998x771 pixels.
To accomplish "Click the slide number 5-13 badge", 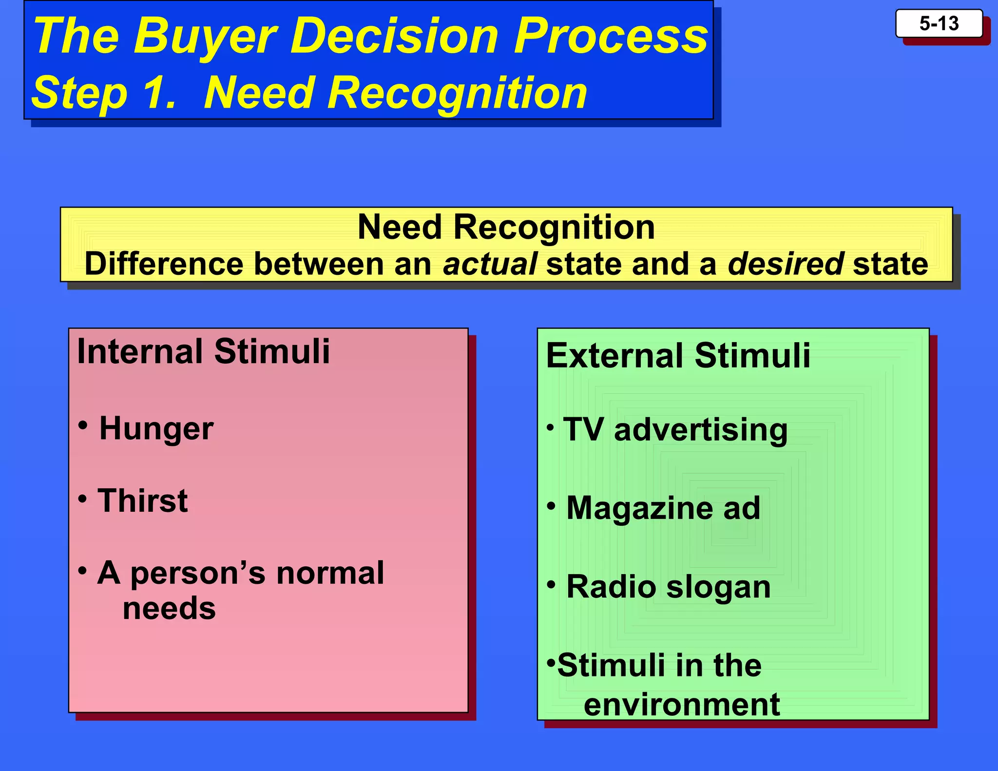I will [939, 23].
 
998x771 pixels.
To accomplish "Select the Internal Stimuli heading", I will [203, 351].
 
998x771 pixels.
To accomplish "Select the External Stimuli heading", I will [678, 355].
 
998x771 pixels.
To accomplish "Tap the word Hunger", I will [156, 428].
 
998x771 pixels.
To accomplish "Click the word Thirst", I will [142, 501].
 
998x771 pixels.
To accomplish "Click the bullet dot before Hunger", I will [83, 425].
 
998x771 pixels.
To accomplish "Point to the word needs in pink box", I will [169, 608].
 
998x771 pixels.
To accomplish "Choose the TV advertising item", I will [675, 429].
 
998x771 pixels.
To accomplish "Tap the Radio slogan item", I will [668, 586].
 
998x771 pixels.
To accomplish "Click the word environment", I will [682, 704].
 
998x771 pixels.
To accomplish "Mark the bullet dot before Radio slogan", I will [551, 583].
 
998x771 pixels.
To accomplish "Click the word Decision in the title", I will [395, 36].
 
